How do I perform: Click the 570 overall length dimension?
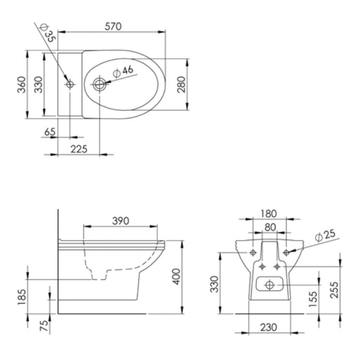point(113,26)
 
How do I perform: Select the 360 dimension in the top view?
point(22,85)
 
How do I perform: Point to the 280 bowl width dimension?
point(181,85)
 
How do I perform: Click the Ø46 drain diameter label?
point(123,71)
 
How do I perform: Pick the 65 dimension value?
point(50,132)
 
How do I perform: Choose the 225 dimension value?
point(79,149)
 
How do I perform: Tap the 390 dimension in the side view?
point(121,221)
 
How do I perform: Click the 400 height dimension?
point(177,276)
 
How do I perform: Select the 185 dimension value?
point(22,297)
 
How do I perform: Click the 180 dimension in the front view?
point(269,214)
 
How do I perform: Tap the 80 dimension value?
point(270,227)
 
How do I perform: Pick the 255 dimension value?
point(334,290)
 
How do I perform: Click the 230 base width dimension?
point(268,327)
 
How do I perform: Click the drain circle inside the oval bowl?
point(100,84)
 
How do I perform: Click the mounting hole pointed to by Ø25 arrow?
point(286,252)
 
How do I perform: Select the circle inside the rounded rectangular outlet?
point(269,285)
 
